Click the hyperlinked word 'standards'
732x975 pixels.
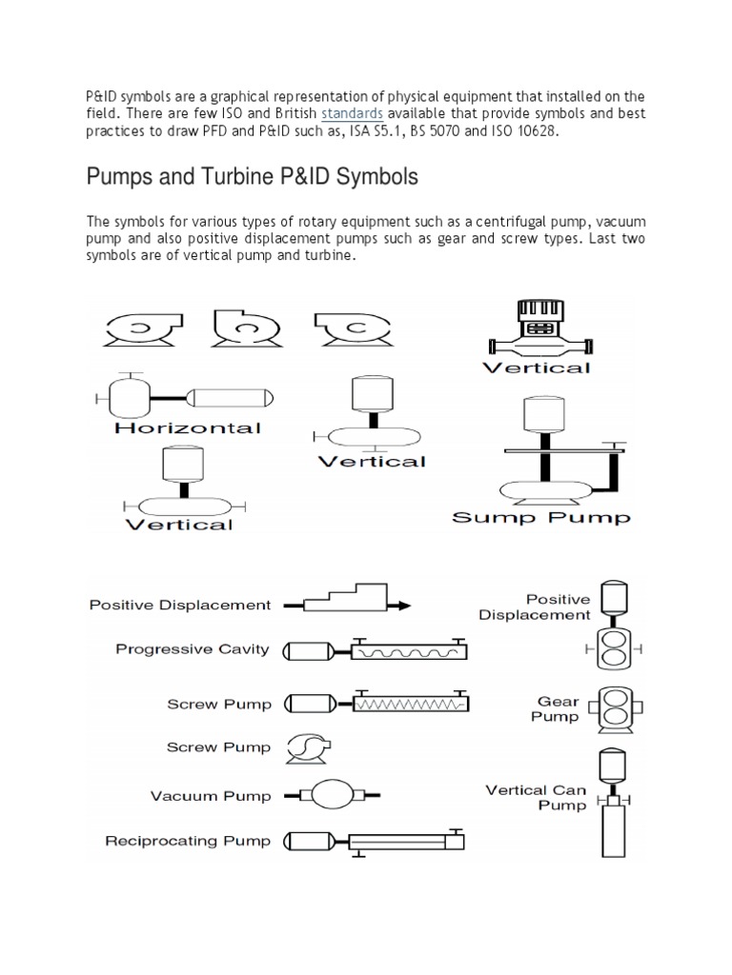tap(352, 114)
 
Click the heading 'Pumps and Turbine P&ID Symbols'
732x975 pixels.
tap(252, 177)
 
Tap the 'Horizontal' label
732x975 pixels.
tap(187, 428)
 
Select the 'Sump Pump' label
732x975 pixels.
tap(540, 518)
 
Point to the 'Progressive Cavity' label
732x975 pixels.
tap(193, 650)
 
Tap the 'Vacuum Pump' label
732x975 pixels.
tap(211, 796)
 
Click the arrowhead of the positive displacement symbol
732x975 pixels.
tap(404, 605)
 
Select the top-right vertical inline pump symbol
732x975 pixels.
tap(539, 328)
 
